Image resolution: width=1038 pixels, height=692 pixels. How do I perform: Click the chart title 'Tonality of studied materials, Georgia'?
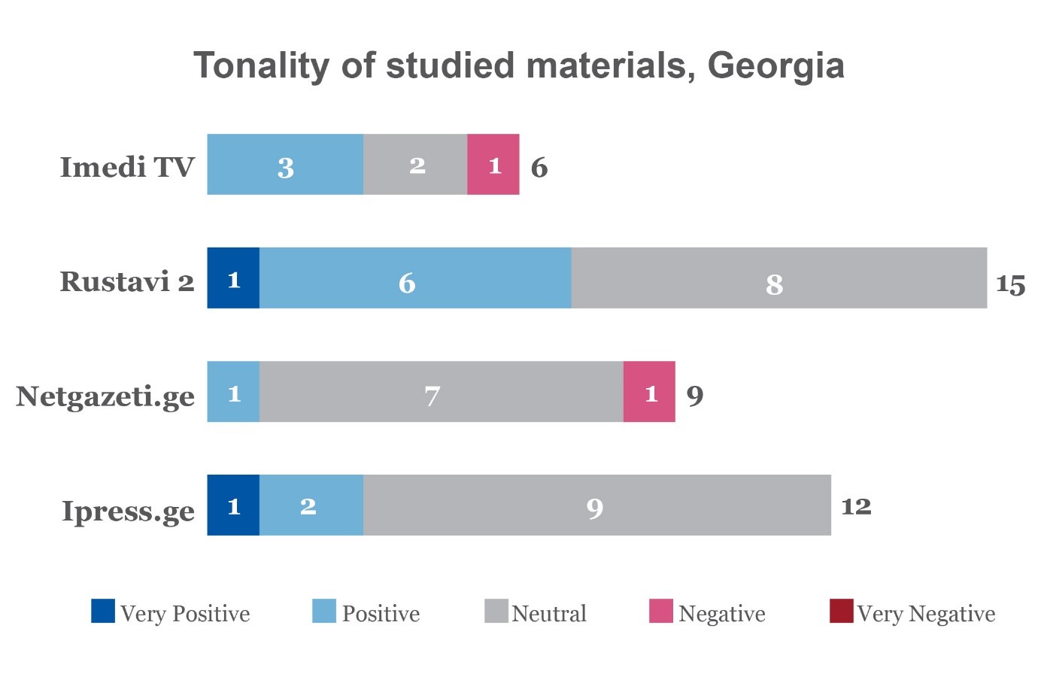[x=519, y=65]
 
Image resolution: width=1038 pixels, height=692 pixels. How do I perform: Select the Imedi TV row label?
[x=127, y=167]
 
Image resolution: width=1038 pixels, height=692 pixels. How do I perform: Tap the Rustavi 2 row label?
[x=127, y=281]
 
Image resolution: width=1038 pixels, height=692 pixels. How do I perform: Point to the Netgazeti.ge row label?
[x=105, y=396]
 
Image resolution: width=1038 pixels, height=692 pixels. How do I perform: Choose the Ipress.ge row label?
[x=129, y=510]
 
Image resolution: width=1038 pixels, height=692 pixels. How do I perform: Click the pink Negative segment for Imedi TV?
[x=493, y=165]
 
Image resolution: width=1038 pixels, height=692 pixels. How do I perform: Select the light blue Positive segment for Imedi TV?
[x=285, y=165]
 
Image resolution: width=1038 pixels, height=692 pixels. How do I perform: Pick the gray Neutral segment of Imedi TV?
[x=415, y=165]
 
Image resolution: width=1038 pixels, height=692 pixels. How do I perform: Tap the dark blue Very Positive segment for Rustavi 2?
[x=233, y=278]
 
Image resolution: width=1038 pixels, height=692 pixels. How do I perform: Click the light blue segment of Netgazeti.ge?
[x=233, y=392]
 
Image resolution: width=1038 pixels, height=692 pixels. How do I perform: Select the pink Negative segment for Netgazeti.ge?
[x=649, y=392]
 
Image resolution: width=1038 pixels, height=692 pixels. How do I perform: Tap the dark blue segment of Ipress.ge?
[x=233, y=505]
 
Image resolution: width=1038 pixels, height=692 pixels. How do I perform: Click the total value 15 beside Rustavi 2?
[x=1010, y=284]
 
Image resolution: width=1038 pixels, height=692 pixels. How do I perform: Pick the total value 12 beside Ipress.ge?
[x=856, y=506]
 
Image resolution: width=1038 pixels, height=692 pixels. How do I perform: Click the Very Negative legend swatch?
[x=842, y=612]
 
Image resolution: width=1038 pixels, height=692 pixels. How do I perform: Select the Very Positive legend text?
[x=185, y=614]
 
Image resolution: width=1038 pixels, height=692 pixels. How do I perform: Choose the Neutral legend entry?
[x=536, y=612]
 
